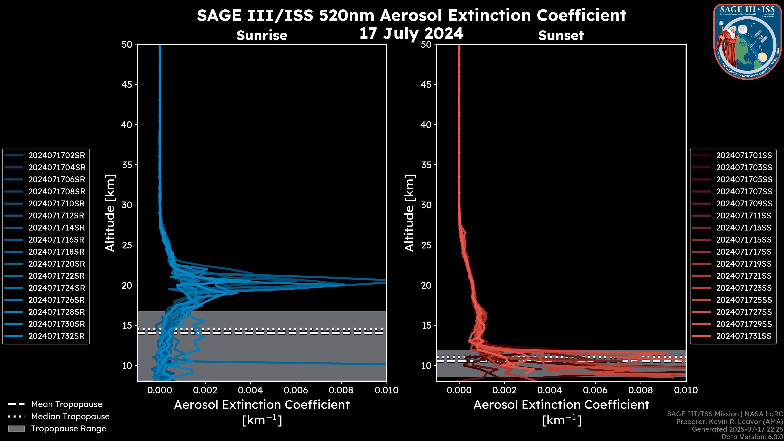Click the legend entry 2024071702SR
point(57,156)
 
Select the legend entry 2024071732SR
point(56,336)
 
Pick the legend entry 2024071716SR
point(56,240)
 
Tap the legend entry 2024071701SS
point(744,156)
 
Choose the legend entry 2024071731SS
point(744,336)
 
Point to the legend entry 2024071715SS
point(744,240)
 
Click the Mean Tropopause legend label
point(67,404)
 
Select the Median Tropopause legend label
point(70,417)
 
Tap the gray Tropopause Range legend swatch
point(16,429)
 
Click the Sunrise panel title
point(262,35)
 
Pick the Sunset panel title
point(561,35)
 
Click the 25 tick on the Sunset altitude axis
point(426,245)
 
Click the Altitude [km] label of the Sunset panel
point(409,213)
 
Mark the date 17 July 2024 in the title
point(411,33)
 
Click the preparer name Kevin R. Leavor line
point(729,422)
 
